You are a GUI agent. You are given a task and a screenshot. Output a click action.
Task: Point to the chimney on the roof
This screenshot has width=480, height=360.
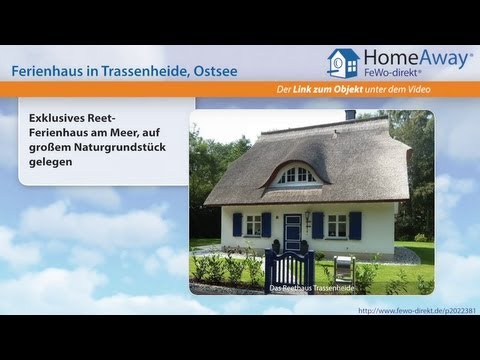350,116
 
